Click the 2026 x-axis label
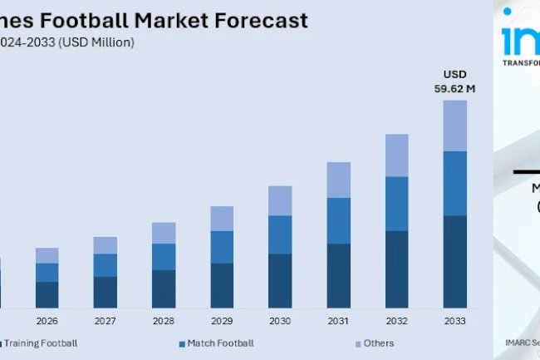47,320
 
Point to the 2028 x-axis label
164,320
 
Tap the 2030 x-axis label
280,320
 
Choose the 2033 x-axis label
454,320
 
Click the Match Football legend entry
220,343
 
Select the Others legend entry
378,343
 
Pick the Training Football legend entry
42,343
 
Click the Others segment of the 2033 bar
454,126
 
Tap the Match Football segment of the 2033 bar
454,183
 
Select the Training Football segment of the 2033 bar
454,261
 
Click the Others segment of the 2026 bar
47,255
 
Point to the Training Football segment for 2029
222,285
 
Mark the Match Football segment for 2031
338,220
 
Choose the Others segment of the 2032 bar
396,155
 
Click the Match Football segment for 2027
106,264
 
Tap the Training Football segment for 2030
280,280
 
